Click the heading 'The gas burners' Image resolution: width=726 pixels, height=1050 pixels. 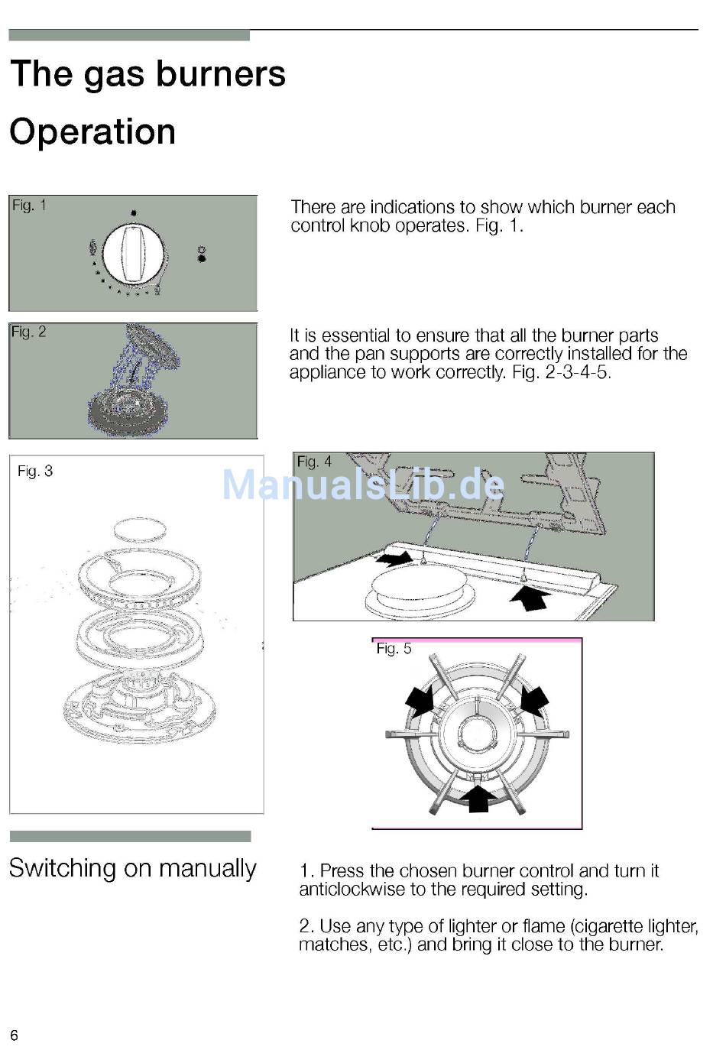pyautogui.click(x=147, y=74)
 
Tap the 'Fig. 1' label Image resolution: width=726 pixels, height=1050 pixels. pyautogui.click(x=29, y=206)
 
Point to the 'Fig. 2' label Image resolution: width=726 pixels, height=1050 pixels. pyautogui.click(x=29, y=332)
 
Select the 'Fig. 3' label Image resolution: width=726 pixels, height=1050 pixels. pyautogui.click(x=35, y=471)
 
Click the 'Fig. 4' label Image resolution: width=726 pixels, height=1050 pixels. pyautogui.click(x=314, y=462)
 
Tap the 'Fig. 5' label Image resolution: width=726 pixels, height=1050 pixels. pyautogui.click(x=394, y=648)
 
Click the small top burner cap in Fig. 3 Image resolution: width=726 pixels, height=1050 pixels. pyautogui.click(x=140, y=530)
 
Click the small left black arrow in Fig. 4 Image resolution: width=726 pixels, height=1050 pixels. pyautogui.click(x=396, y=557)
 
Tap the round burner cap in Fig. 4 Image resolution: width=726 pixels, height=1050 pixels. pyautogui.click(x=419, y=585)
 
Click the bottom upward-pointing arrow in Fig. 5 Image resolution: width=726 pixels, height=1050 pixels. pyautogui.click(x=478, y=799)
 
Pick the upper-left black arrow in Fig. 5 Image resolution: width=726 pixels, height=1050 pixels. pyautogui.click(x=421, y=702)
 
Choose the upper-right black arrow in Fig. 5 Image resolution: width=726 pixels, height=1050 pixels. pyautogui.click(x=534, y=702)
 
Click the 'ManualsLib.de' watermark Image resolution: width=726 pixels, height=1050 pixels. pyautogui.click(x=364, y=484)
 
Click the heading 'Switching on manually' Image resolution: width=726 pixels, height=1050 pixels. pyautogui.click(x=133, y=867)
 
